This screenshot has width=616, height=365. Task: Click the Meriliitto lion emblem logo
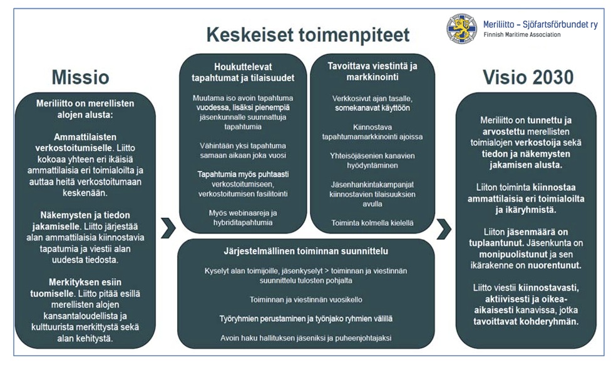(x=461, y=29)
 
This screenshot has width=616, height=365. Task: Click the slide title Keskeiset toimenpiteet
(x=308, y=34)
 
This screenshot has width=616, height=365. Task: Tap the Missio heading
(x=80, y=77)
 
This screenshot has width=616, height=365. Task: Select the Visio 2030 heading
(x=528, y=77)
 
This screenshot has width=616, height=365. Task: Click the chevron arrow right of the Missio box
(x=168, y=228)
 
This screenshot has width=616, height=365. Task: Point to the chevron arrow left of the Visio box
(x=443, y=228)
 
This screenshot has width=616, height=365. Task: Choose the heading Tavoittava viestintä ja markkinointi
(x=372, y=72)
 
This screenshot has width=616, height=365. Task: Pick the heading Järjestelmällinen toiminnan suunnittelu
(x=305, y=251)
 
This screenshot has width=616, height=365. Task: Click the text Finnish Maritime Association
(x=522, y=35)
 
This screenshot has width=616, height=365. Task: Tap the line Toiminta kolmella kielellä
(x=372, y=222)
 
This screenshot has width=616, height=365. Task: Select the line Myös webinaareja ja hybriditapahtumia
(x=242, y=218)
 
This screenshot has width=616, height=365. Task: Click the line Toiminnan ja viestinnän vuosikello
(x=305, y=299)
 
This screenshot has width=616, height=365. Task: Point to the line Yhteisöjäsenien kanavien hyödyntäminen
(x=372, y=161)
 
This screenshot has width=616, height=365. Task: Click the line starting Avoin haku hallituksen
(x=305, y=338)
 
